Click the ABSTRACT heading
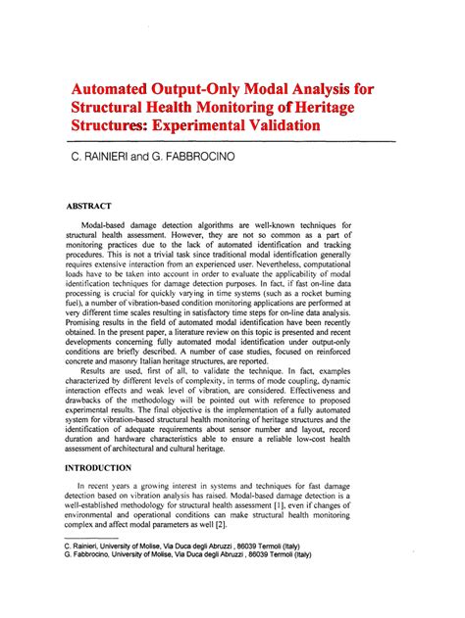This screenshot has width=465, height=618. click(x=89, y=206)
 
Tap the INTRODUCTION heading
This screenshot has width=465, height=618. click(x=107, y=469)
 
